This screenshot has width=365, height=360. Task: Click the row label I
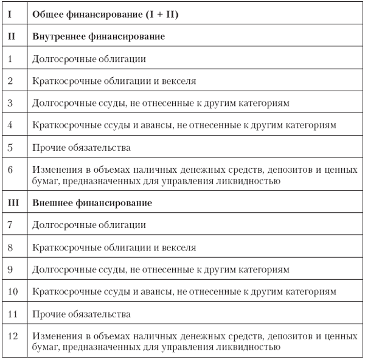[x=10, y=13]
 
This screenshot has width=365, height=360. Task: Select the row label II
[x=10, y=36]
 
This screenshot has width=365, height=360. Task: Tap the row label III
[x=12, y=202]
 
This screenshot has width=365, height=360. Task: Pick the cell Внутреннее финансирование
[x=98, y=36]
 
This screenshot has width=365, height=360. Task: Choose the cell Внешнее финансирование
[x=91, y=202]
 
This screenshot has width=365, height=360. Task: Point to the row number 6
[x=10, y=169]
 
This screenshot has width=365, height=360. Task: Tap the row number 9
[x=10, y=269]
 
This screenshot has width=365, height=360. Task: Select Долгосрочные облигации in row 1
[x=88, y=59]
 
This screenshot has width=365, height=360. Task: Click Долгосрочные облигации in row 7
[x=88, y=225]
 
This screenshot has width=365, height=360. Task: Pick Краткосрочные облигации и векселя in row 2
[x=114, y=81]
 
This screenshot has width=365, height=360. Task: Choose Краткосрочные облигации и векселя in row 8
[x=114, y=247]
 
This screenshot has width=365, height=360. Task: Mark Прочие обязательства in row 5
[x=81, y=147]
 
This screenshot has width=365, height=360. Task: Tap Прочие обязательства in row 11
[x=81, y=314]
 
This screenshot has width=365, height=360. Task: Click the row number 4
[x=10, y=125]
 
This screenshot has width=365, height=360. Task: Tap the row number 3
[x=10, y=102]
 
